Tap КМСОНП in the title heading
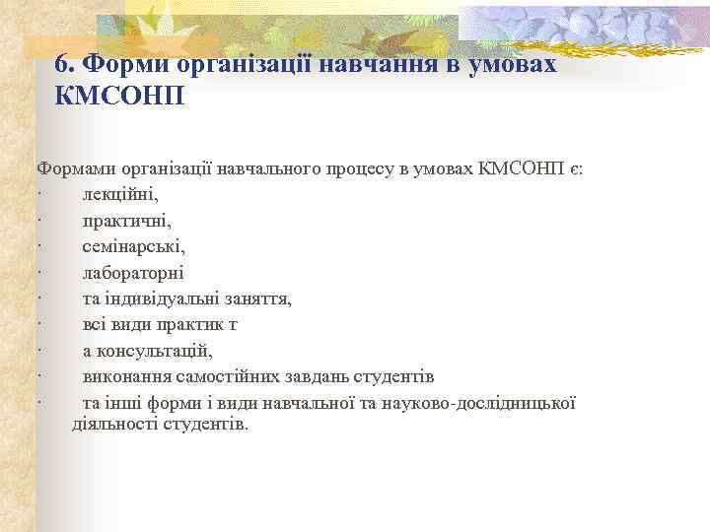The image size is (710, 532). [121, 98]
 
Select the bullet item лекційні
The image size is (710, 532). [119, 195]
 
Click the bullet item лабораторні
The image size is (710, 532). [132, 273]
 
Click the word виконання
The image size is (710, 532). [122, 376]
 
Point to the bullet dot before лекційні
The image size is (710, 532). [36, 195]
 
